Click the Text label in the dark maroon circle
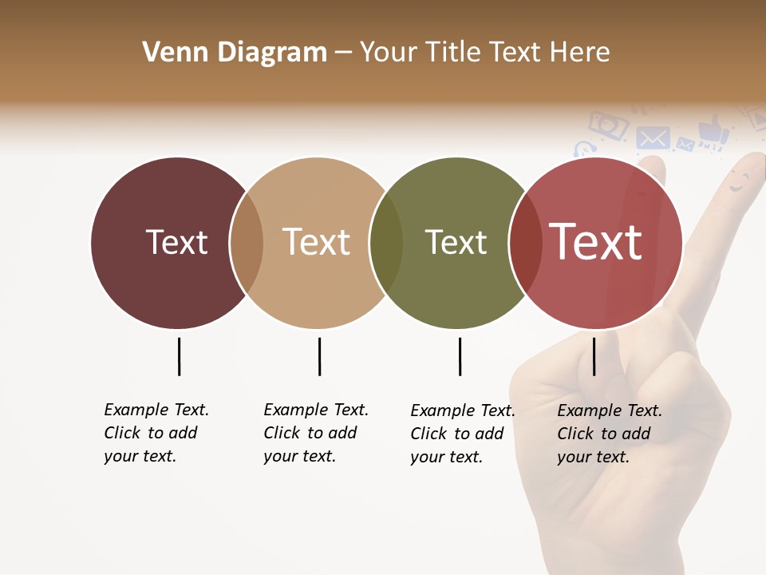176,242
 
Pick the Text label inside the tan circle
316,242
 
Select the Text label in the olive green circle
456,242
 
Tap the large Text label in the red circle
595,242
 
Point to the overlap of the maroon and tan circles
247,243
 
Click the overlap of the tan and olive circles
386,243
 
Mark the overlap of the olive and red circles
526,243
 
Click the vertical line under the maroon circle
179,356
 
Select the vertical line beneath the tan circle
319,356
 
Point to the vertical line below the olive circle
460,356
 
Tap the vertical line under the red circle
594,356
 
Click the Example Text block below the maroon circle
156,433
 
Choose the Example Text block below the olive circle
463,434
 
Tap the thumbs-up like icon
713,130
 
